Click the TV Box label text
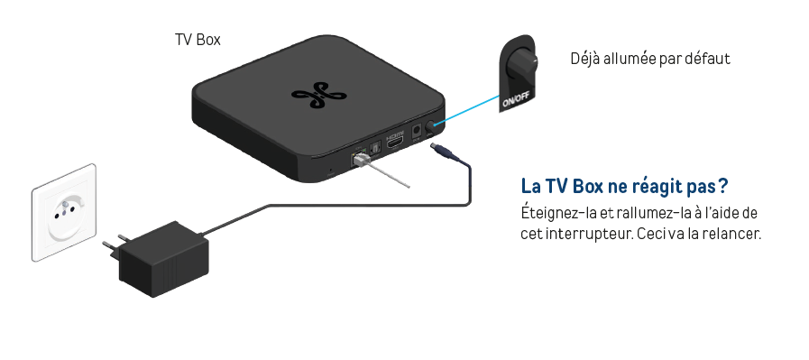click(198, 40)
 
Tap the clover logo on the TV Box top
click(318, 96)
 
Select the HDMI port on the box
click(395, 141)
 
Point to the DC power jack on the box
click(416, 133)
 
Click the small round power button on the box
click(430, 125)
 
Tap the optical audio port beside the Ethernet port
click(375, 148)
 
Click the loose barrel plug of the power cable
click(442, 152)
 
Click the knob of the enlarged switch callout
click(521, 64)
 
